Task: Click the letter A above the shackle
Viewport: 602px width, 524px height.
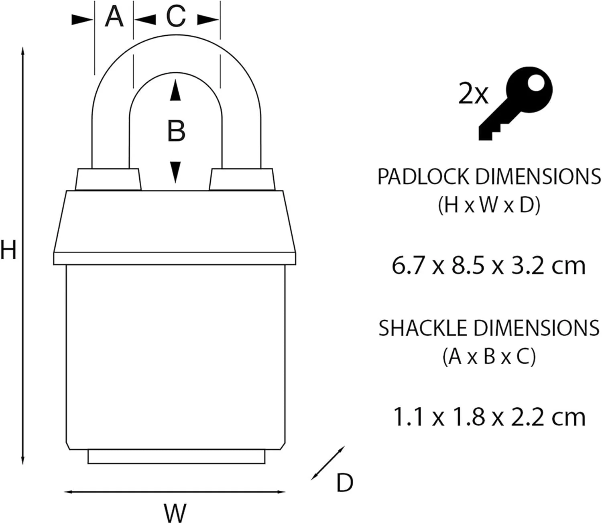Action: pos(114,18)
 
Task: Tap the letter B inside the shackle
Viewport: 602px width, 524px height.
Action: pos(176,131)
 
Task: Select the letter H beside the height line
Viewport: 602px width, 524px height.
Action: pos(8,250)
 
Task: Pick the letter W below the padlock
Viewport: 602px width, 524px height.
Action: pos(175,512)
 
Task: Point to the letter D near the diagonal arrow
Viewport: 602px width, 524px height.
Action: pos(344,483)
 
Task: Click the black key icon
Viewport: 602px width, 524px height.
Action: pos(516,102)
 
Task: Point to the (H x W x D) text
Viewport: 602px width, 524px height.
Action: pos(489,205)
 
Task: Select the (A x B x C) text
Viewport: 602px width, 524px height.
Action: pos(489,356)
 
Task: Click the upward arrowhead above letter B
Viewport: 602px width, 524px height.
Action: pos(175,90)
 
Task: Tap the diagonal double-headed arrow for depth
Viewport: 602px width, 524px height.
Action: pos(328,463)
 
